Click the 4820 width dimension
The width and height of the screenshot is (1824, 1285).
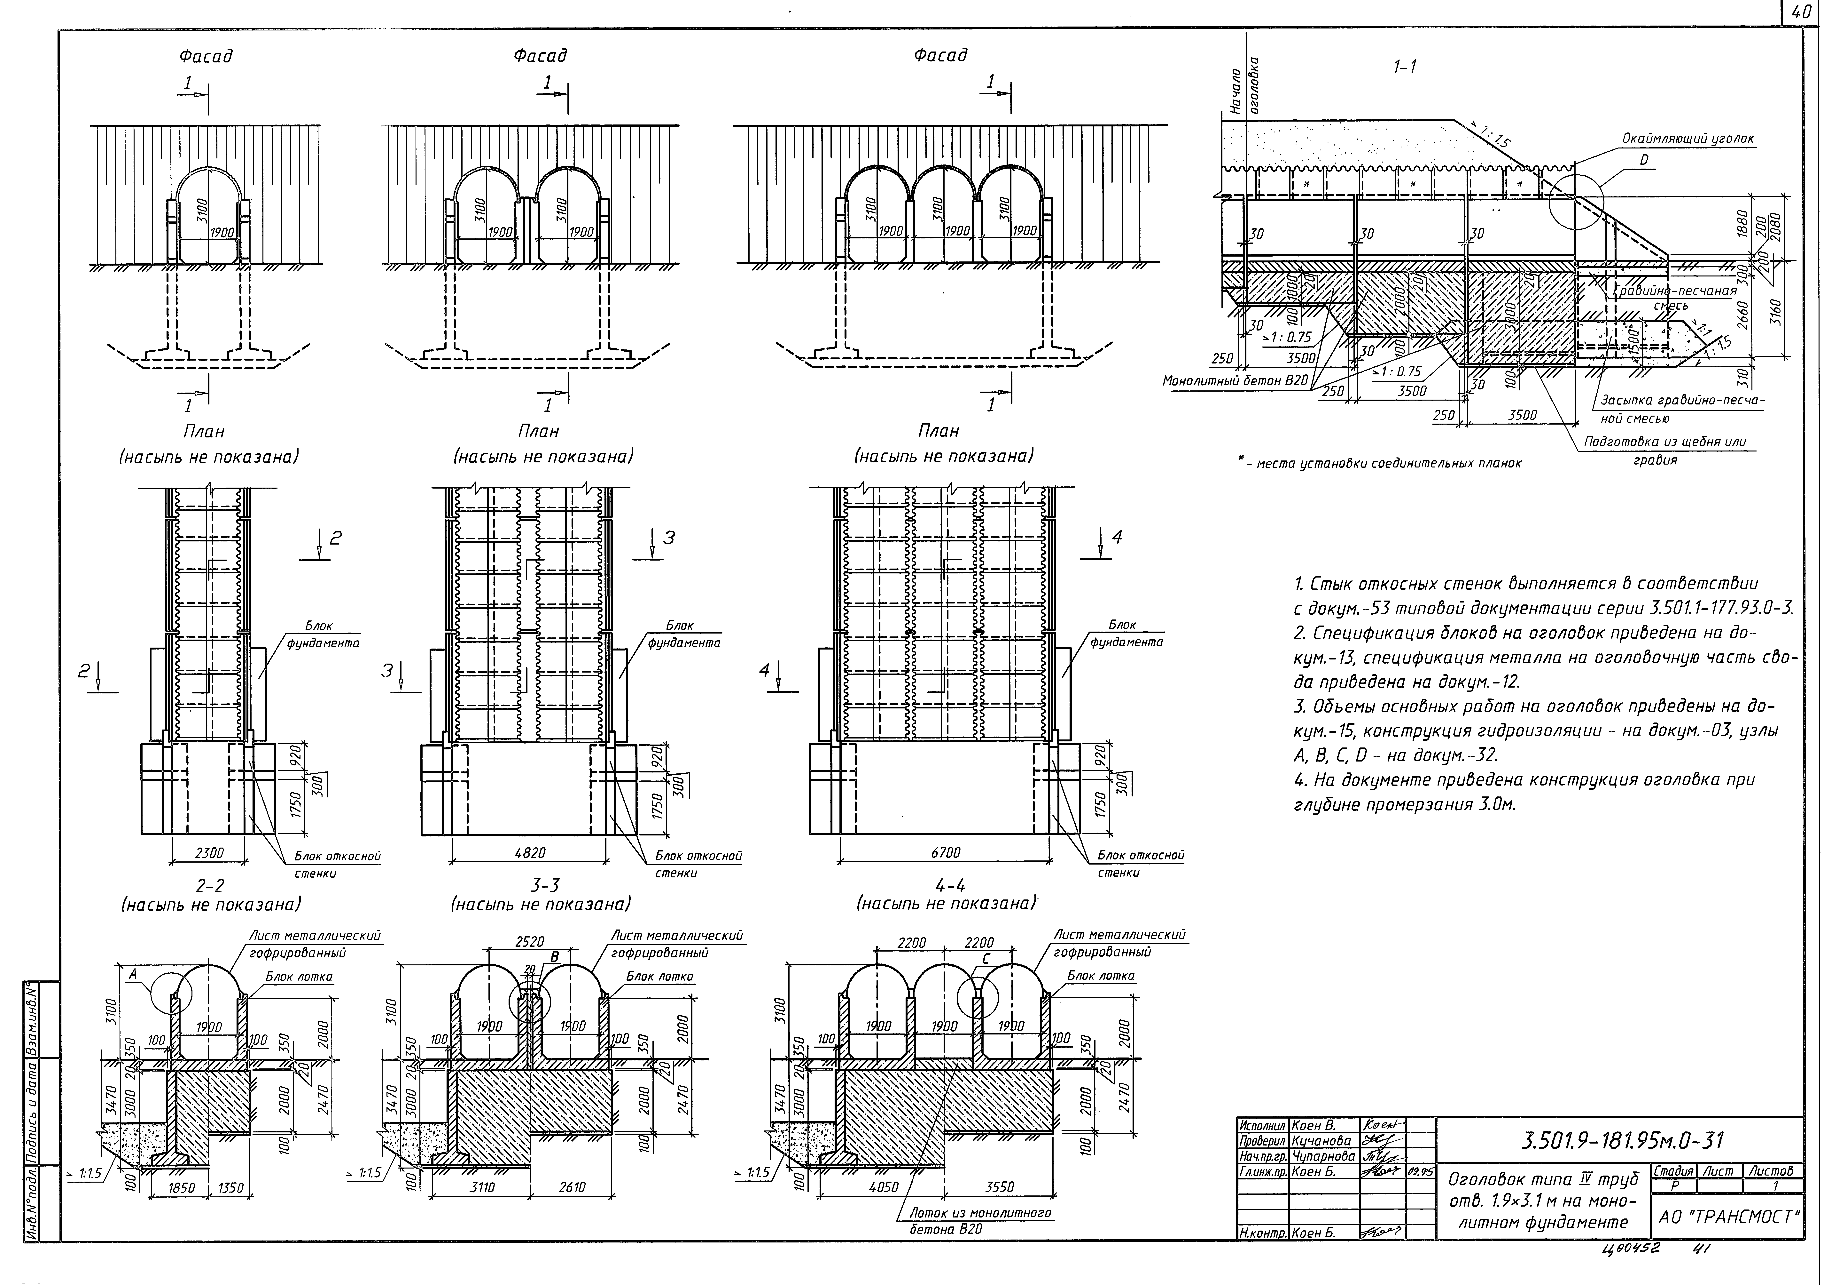click(x=530, y=853)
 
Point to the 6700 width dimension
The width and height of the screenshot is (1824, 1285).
click(x=945, y=853)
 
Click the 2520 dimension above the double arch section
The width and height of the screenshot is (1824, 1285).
click(x=530, y=943)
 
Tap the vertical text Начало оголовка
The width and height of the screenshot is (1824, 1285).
click(x=1246, y=90)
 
